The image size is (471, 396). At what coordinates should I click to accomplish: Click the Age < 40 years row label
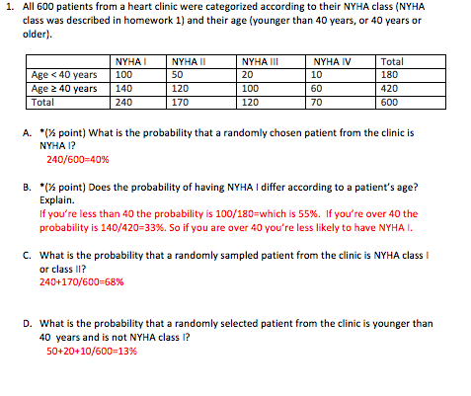pos(64,74)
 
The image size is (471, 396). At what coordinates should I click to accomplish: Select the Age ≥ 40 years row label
pos(64,88)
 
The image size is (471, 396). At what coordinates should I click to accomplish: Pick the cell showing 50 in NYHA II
pos(177,74)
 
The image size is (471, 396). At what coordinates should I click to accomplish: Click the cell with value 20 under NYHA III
pos(247,74)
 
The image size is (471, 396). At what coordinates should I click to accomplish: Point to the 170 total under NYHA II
pos(180,101)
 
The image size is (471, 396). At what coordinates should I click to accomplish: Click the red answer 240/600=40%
pos(78,156)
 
